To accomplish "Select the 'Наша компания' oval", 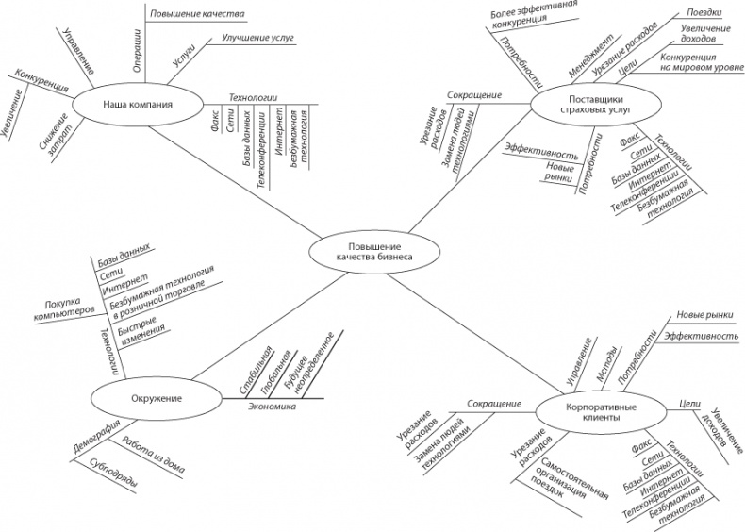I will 138,105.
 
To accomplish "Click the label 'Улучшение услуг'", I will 257,39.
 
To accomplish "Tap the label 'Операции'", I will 138,45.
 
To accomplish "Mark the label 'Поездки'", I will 696,14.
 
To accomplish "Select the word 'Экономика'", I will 273,407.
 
